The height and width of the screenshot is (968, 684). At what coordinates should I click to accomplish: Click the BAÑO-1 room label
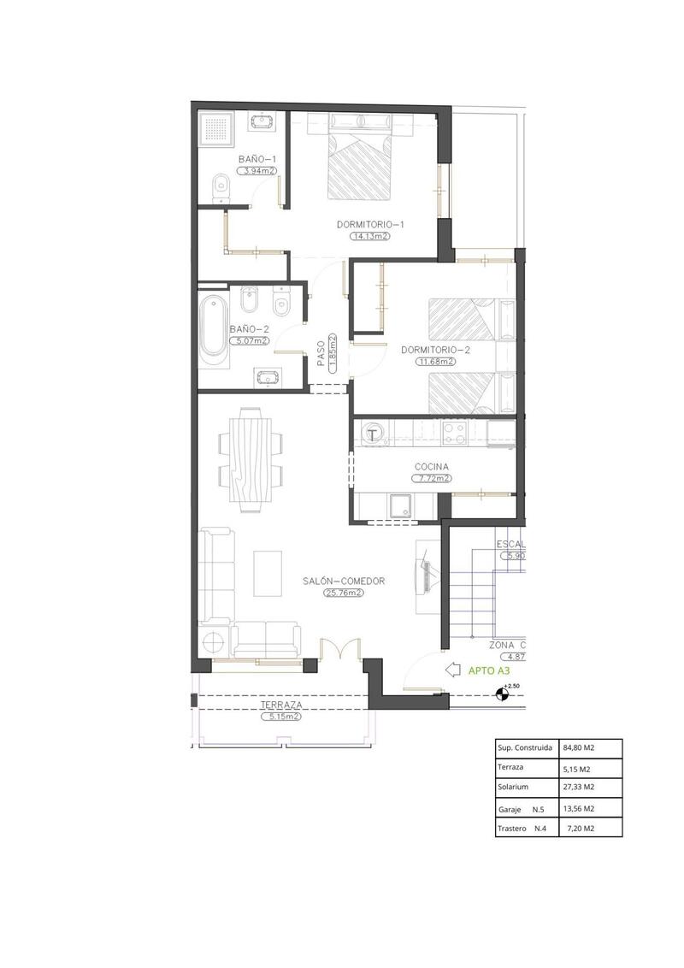click(x=256, y=159)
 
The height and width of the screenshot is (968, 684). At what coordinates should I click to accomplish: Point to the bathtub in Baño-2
click(x=214, y=332)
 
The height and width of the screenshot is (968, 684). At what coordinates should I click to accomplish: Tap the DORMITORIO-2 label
click(x=435, y=350)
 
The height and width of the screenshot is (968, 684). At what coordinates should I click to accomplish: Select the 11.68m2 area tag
click(x=435, y=361)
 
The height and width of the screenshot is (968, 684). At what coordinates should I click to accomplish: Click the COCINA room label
click(x=432, y=467)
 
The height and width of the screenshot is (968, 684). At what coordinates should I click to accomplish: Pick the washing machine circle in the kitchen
click(x=374, y=434)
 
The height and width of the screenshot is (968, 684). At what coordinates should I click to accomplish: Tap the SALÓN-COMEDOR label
click(x=344, y=581)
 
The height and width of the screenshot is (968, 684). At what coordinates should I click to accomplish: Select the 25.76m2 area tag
click(x=344, y=593)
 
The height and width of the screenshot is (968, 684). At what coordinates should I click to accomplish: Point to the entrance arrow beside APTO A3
click(x=453, y=671)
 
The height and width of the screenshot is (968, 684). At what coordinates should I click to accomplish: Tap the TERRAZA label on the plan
click(x=281, y=705)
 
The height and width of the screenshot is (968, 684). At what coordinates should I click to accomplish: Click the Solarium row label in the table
click(x=512, y=788)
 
